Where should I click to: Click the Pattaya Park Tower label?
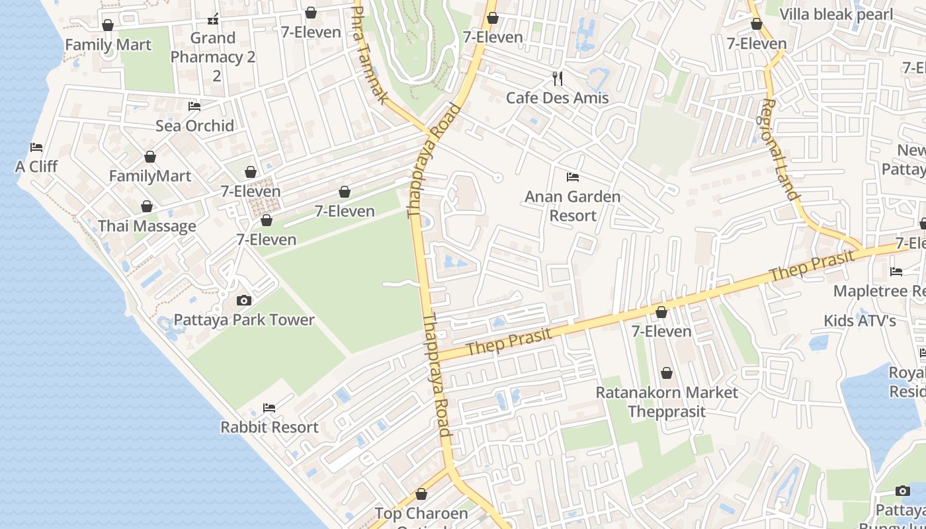tap(244, 320)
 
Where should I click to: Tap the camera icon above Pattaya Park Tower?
tap(244, 301)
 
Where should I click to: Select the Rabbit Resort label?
tap(269, 427)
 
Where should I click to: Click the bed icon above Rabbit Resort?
tap(269, 408)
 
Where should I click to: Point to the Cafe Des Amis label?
tap(557, 98)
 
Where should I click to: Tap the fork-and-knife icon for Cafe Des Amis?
tap(558, 79)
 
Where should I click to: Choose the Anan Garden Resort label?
tap(573, 206)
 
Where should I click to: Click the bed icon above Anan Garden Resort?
tap(573, 177)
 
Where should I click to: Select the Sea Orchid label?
tap(194, 126)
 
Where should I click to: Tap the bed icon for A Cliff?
tap(36, 147)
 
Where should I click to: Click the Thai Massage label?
tap(147, 226)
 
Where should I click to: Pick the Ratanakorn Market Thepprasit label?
tap(667, 401)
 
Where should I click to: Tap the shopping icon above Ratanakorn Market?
tap(667, 374)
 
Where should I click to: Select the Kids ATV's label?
tap(859, 321)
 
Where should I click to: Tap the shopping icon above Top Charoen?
tap(421, 495)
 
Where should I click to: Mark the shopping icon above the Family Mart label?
tap(108, 26)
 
